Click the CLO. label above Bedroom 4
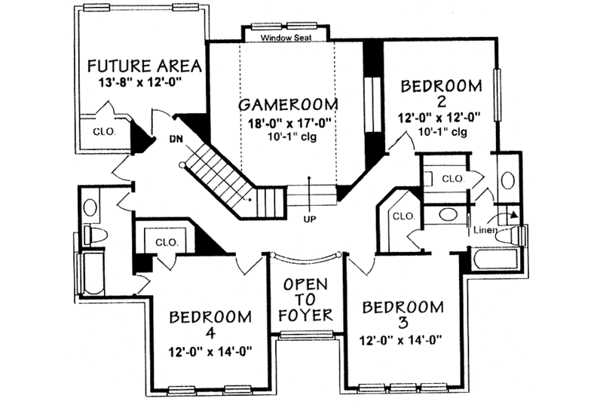click(x=165, y=243)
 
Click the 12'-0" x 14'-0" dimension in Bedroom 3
click(x=402, y=340)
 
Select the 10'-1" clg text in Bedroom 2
click(x=440, y=132)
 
